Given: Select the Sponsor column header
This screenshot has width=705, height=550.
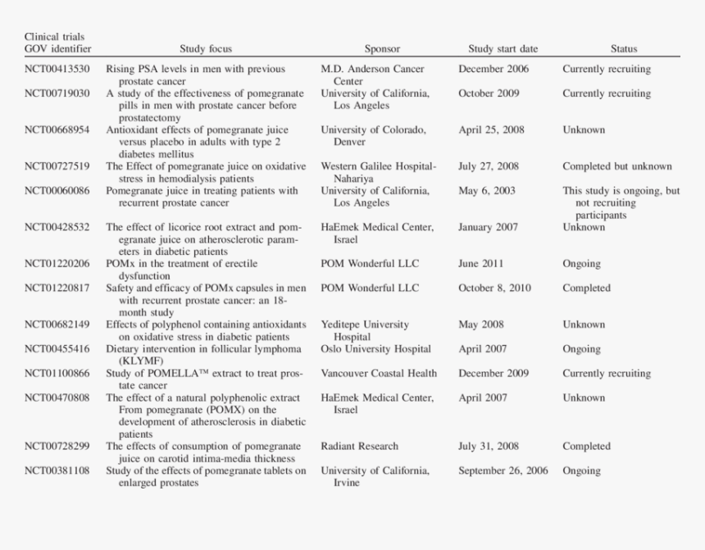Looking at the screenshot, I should [x=382, y=49].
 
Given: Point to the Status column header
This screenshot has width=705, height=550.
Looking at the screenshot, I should [x=624, y=49].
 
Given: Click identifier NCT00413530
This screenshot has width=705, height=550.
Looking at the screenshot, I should [x=57, y=70].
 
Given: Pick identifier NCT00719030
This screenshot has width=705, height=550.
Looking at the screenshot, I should [x=57, y=93].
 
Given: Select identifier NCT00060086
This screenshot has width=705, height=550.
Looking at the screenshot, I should [x=57, y=191].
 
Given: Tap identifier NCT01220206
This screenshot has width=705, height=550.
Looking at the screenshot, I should [x=57, y=264].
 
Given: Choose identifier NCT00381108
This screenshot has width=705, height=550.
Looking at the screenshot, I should [x=57, y=471].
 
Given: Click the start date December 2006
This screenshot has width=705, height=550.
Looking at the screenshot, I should [x=493, y=70].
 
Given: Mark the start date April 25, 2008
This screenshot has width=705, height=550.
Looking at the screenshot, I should [x=491, y=130].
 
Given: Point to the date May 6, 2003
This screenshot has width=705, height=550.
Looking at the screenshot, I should [x=487, y=191].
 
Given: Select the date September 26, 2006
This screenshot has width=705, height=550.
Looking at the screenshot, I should [x=503, y=471].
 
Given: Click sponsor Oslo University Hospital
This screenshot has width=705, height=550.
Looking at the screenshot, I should [x=375, y=349].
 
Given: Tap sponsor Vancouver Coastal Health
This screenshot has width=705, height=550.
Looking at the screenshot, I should [x=379, y=374].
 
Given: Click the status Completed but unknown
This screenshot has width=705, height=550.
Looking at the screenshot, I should [x=616, y=166].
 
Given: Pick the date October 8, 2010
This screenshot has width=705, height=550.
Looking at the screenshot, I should [x=494, y=289].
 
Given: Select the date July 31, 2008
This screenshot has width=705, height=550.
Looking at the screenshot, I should [x=489, y=447].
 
